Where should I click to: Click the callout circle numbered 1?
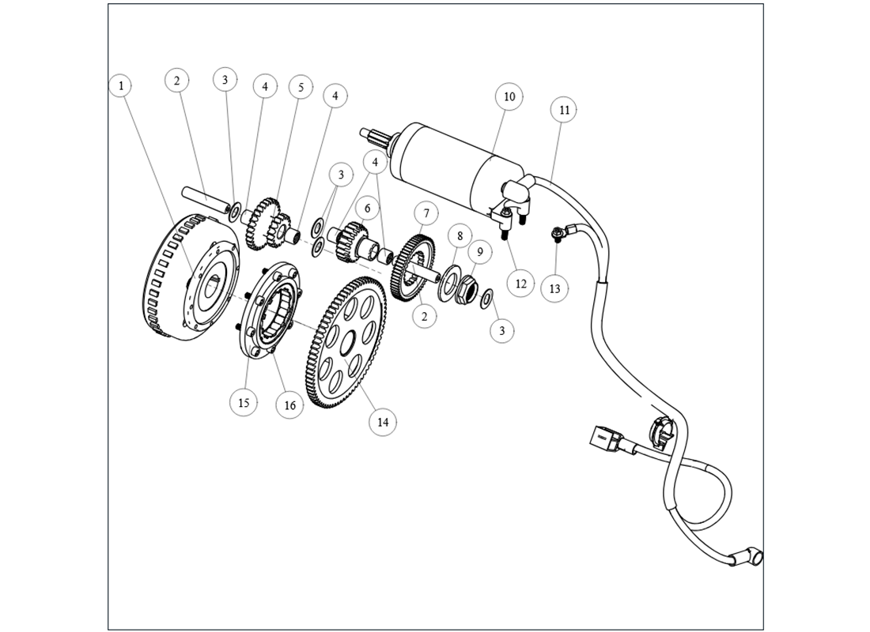120,85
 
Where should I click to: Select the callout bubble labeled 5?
301,87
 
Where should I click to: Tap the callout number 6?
366,208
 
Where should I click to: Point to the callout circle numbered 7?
426,213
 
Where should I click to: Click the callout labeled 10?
509,96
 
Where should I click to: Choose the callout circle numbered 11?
564,110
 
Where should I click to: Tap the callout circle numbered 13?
555,289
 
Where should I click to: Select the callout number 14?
383,422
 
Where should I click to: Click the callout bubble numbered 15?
244,402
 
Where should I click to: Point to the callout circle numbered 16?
289,404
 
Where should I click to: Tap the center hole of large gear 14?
345,345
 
